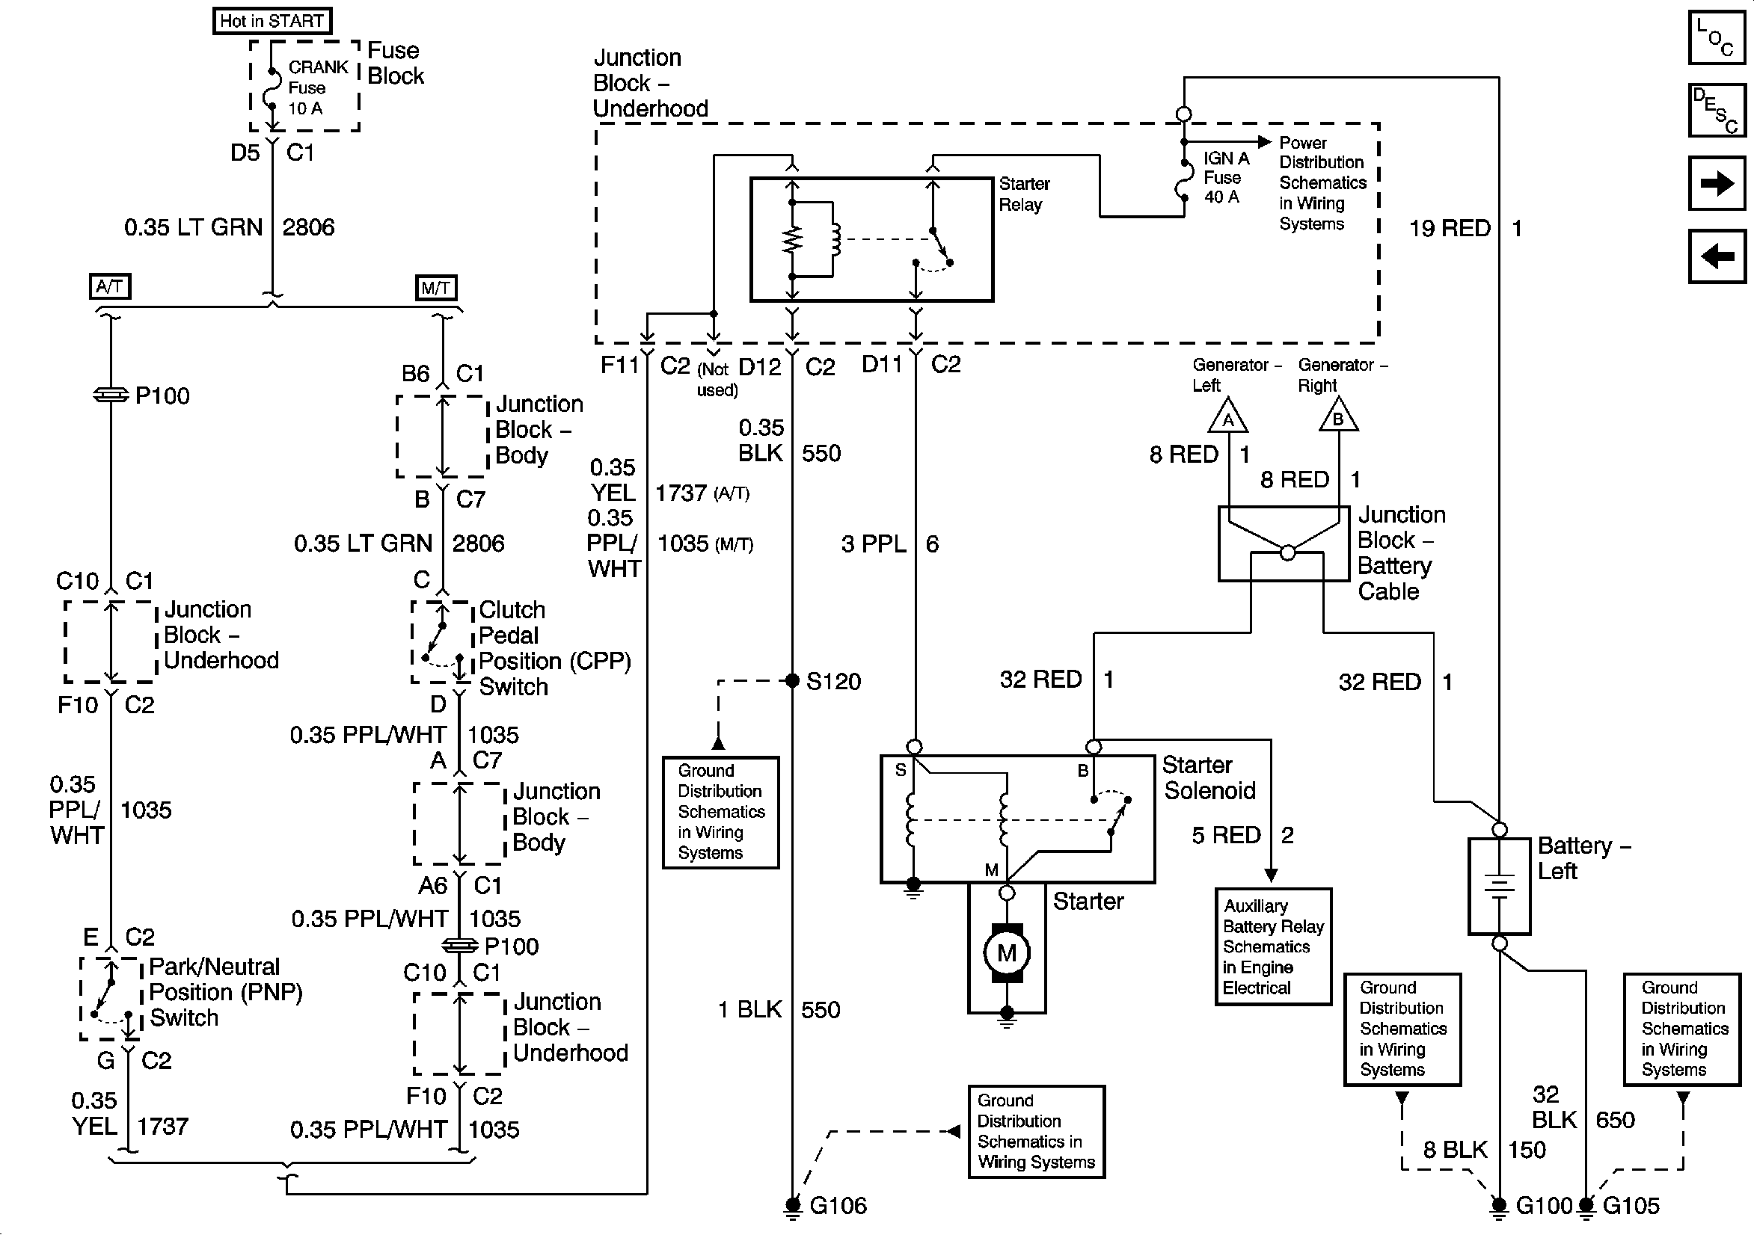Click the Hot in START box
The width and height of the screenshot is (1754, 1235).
pyautogui.click(x=272, y=21)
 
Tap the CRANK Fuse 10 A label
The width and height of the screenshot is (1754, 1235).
pyautogui.click(x=317, y=87)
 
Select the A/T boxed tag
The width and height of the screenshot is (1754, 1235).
pyautogui.click(x=110, y=286)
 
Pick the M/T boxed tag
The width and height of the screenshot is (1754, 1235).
pyautogui.click(x=435, y=288)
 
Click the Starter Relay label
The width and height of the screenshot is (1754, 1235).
pyautogui.click(x=1024, y=194)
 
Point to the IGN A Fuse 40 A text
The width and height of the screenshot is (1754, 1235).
pyautogui.click(x=1225, y=177)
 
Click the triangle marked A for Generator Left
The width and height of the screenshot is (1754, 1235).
pyautogui.click(x=1227, y=417)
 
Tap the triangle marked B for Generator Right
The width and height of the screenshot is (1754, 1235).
pyautogui.click(x=1337, y=417)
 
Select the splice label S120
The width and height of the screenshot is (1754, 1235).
pyautogui.click(x=832, y=681)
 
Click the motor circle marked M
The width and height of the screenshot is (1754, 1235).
pyautogui.click(x=1006, y=952)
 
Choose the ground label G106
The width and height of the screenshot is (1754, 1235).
pyautogui.click(x=838, y=1206)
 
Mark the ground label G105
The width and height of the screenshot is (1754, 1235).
pyautogui.click(x=1631, y=1206)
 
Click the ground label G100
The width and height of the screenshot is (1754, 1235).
pyautogui.click(x=1543, y=1206)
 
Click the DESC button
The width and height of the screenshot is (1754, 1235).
pyautogui.click(x=1716, y=110)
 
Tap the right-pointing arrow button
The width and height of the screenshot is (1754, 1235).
pyautogui.click(x=1716, y=183)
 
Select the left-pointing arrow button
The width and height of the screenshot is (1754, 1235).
pyautogui.click(x=1716, y=256)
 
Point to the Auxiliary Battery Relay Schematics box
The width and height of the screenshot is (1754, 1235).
pyautogui.click(x=1273, y=947)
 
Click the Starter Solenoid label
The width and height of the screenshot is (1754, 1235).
pyautogui.click(x=1209, y=777)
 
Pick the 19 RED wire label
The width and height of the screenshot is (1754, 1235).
pyautogui.click(x=1449, y=228)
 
